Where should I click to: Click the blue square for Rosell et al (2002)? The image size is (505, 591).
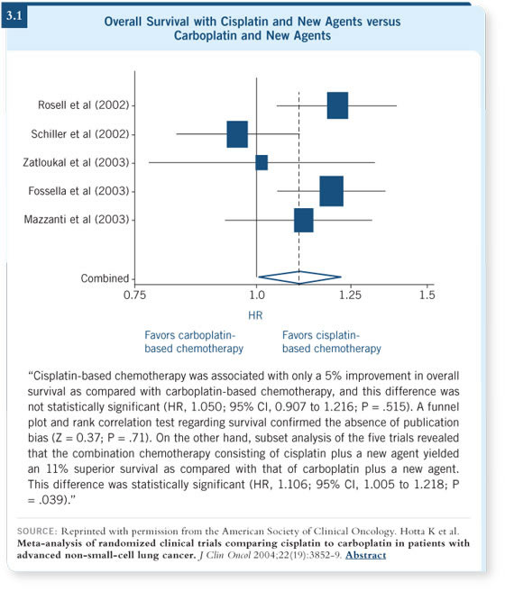pos(337,105)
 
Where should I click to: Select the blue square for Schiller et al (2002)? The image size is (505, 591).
pos(237,134)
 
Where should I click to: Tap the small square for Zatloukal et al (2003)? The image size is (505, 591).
pos(262,162)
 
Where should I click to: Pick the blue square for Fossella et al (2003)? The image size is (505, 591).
pos(332,191)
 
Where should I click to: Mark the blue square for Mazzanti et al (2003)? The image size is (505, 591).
pos(304,220)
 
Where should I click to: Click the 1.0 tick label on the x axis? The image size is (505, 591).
pos(257,295)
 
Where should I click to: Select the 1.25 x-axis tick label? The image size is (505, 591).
pos(351,295)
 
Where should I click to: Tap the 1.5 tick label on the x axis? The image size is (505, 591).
pos(427,295)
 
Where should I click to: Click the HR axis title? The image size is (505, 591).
pos(255,315)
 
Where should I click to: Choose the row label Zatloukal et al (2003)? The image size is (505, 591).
pos(76,162)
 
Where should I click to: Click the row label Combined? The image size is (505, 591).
pos(105,278)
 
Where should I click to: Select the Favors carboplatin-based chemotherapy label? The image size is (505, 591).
pos(194,341)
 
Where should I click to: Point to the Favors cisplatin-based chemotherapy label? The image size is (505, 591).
pos(332,341)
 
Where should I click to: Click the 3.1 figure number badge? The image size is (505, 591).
pos(14,16)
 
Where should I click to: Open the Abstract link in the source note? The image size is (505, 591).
pos(365,555)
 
